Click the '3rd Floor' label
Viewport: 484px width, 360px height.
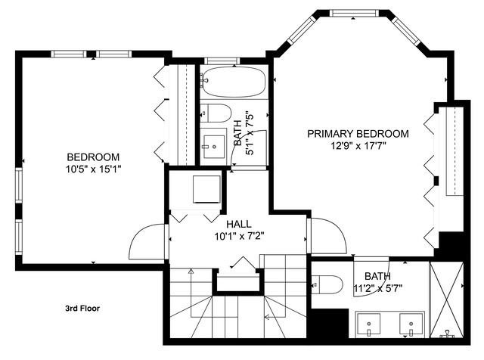[82, 309]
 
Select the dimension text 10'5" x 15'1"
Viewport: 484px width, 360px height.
[93, 169]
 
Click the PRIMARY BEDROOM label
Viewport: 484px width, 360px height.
[358, 134]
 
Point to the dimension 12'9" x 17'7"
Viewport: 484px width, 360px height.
[358, 146]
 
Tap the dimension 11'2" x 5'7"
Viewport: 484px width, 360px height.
[383, 288]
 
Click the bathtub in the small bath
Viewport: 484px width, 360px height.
[231, 82]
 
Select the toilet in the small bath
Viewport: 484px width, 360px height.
[216, 114]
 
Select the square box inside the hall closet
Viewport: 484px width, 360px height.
[206, 188]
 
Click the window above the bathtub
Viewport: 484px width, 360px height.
[220, 61]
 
